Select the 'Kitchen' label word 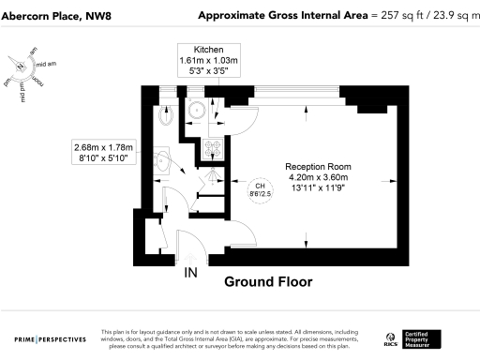[208, 49]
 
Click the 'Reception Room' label [316, 165]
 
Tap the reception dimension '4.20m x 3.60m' [316, 176]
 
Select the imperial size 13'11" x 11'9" [316, 187]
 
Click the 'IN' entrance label [190, 273]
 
